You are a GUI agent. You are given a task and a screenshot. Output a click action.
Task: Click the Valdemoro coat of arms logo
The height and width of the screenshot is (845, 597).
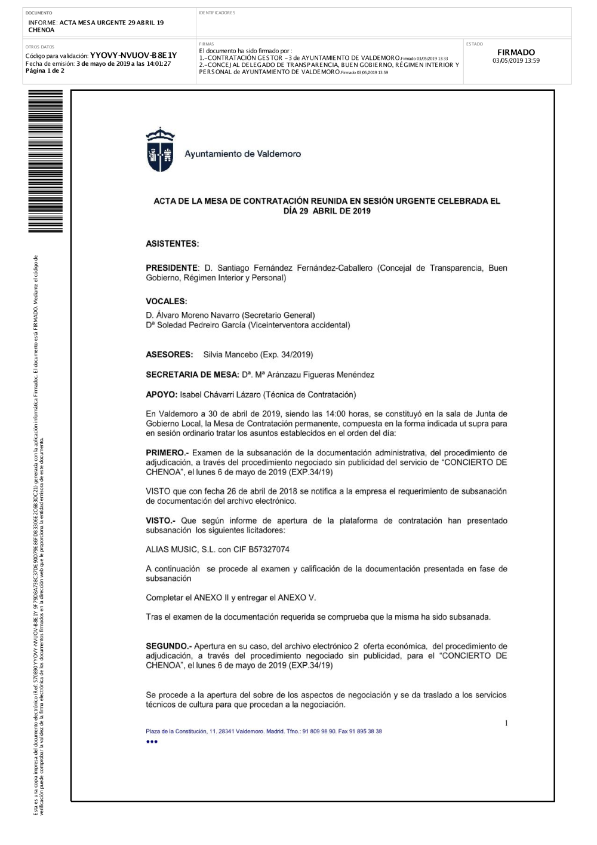[x=160, y=150]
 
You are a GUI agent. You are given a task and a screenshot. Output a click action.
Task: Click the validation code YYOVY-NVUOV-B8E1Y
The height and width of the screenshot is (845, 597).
[x=133, y=56]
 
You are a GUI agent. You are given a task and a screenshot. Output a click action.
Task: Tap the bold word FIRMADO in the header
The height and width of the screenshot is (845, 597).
[x=516, y=52]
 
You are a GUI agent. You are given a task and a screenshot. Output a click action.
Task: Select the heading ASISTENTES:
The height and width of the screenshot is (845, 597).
[x=173, y=244]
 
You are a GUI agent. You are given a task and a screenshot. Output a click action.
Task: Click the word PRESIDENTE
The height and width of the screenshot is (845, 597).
[x=172, y=268]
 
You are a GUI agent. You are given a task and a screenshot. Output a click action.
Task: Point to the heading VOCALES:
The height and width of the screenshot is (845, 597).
[x=167, y=301]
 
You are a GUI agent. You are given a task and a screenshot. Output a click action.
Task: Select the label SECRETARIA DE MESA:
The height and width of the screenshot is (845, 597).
[x=192, y=375]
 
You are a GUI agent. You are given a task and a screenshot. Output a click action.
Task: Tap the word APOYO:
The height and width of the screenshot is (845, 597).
[x=161, y=394]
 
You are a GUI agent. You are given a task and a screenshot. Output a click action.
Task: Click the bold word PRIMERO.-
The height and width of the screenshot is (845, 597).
[x=167, y=453]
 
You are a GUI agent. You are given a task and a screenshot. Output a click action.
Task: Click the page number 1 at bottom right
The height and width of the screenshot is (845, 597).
[x=506, y=723]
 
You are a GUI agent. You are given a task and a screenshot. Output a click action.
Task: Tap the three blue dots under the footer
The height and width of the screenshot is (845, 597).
[x=152, y=742]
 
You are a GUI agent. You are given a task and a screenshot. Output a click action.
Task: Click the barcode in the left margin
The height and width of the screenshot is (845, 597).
[x=45, y=161]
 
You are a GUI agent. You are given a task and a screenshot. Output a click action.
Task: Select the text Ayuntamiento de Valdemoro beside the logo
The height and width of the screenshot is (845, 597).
[x=242, y=154]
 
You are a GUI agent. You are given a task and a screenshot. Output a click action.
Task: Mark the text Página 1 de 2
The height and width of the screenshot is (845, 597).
[x=45, y=71]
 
